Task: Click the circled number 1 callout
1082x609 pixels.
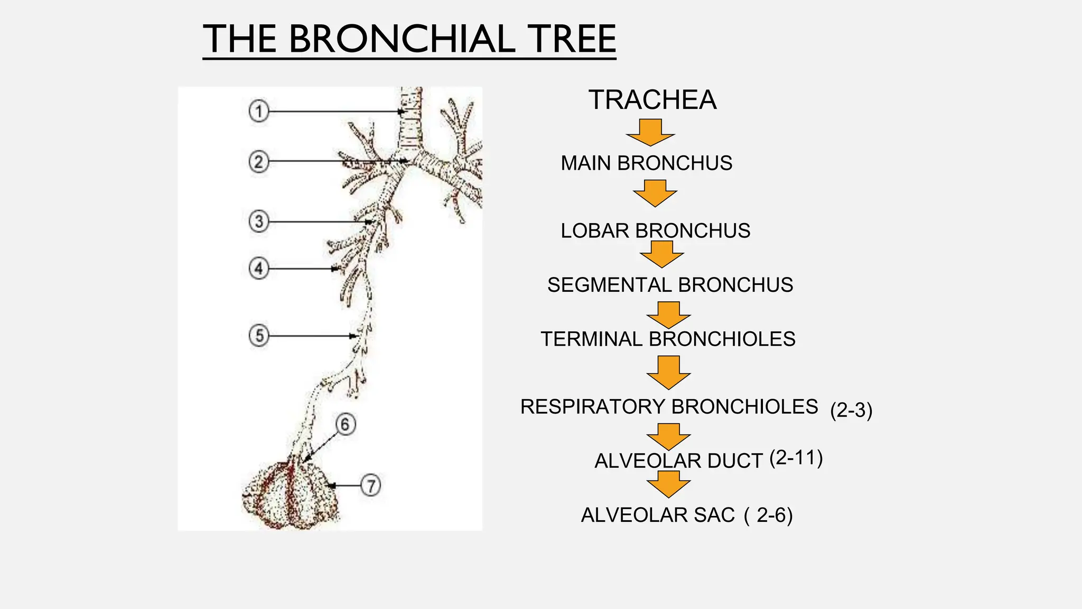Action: pos(258,112)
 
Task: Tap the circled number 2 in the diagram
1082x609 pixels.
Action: pos(258,161)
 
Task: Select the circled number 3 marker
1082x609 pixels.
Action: pos(258,222)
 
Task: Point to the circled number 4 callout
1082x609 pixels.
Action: pos(258,269)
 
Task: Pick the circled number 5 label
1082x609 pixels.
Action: pos(259,336)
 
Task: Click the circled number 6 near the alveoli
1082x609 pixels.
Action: pos(345,425)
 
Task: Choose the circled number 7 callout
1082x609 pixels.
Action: pos(371,485)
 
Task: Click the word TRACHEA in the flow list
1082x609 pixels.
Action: pos(652,100)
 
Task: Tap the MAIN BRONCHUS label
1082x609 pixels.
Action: pos(646,163)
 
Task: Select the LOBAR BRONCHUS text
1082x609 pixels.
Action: pos(655,231)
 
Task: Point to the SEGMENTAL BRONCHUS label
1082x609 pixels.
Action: pos(670,285)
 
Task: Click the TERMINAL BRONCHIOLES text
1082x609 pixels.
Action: pos(668,339)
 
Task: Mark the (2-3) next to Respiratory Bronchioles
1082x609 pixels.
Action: pos(851,410)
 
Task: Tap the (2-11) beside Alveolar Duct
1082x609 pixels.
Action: pos(796,458)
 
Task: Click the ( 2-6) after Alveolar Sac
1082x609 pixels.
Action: pos(769,515)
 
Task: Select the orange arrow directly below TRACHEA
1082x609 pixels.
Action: pos(650,132)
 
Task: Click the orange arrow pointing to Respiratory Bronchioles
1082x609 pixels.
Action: pos(668,372)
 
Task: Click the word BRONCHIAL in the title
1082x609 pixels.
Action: pos(402,39)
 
